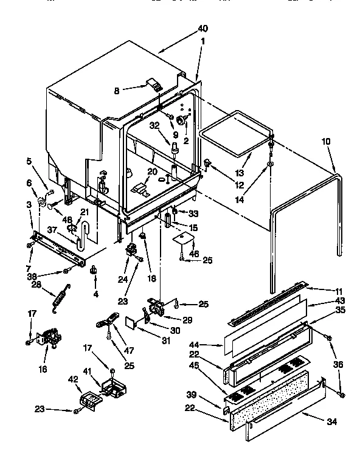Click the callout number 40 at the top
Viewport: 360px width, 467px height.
202,29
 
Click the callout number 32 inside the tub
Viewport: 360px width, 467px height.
154,125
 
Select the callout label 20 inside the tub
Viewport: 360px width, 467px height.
151,171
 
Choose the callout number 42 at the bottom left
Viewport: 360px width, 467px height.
74,378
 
